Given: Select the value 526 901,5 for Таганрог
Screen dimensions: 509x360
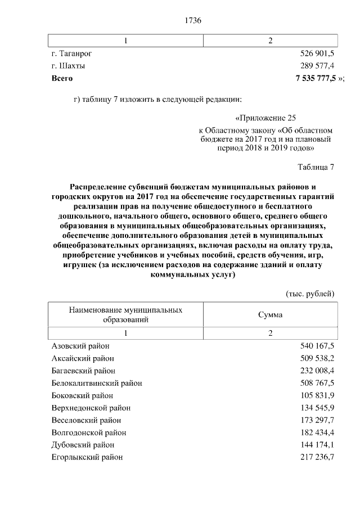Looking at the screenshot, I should (318, 53).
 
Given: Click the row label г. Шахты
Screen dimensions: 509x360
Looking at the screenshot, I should (69, 66).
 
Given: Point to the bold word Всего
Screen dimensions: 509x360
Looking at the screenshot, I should (62, 78).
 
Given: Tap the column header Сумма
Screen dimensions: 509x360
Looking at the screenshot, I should (270, 315).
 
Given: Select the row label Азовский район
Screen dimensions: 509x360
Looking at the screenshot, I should (80, 346).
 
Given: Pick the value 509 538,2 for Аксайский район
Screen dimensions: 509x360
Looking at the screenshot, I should (318, 358).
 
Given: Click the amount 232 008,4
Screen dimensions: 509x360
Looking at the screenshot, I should (318, 371).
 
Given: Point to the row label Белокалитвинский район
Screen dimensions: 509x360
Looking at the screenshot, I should (97, 383).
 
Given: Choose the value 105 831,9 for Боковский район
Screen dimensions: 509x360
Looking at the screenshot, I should (318, 395).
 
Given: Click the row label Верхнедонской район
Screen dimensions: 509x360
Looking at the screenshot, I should (91, 408).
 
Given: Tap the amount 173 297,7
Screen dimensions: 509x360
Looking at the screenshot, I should (318, 420).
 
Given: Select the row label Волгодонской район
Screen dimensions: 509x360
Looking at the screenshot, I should (89, 433).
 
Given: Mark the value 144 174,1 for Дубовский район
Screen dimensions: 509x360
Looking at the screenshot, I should (318, 445).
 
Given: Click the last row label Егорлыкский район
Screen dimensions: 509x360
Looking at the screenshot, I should (87, 457).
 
